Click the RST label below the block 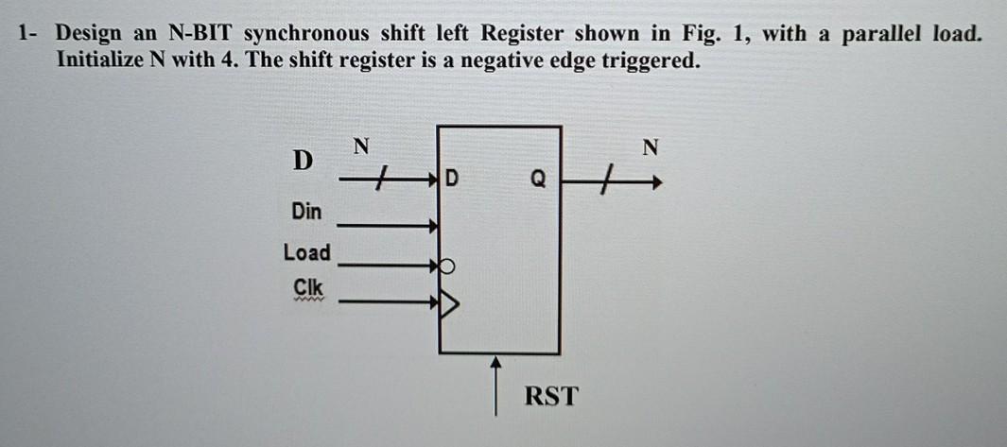coord(550,395)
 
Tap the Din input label coord(304,213)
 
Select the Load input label coord(307,252)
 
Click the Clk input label coord(306,286)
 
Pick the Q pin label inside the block coord(537,178)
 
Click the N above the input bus coord(360,146)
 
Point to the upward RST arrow coord(494,383)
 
